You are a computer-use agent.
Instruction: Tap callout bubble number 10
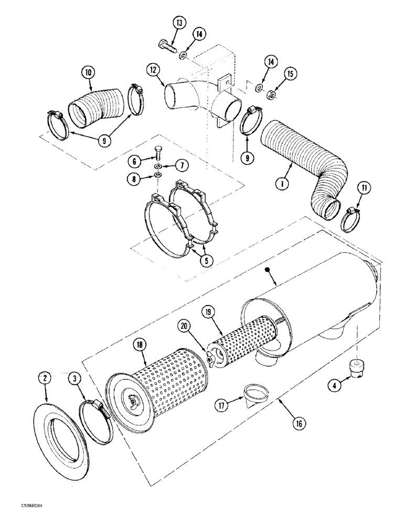point(88,72)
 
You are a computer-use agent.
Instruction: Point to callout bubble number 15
point(290,73)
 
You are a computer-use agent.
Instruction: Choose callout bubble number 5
point(209,260)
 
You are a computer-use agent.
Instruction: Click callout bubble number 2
point(45,378)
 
